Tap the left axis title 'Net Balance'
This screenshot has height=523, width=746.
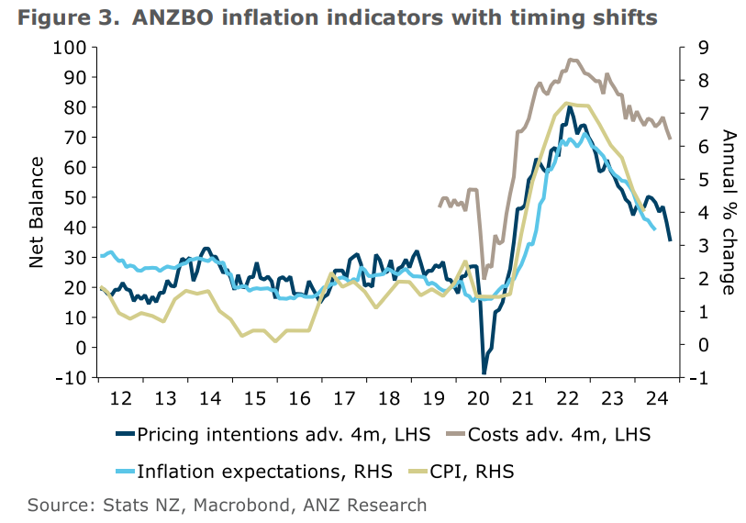[37, 212]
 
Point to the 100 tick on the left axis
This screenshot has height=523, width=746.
[72, 48]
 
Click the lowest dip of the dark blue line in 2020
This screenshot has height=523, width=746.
[484, 373]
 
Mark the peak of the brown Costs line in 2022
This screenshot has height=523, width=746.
[571, 60]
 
